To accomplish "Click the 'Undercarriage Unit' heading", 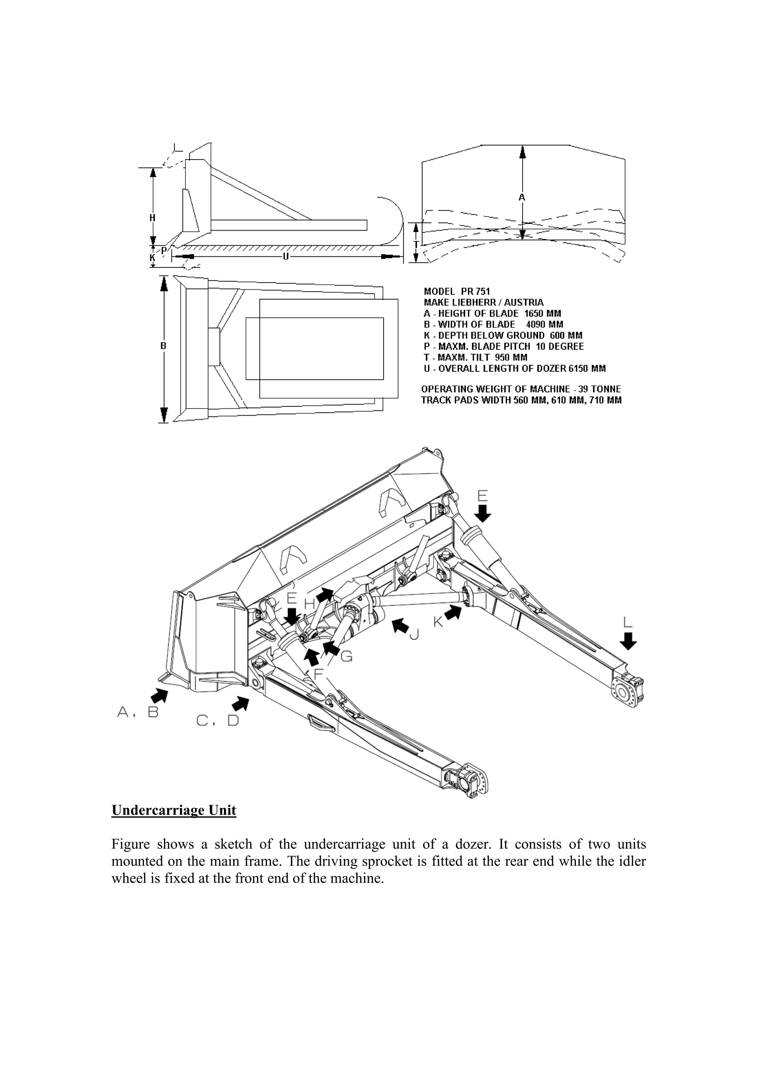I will coord(174,810).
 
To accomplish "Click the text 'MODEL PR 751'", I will coord(457,292).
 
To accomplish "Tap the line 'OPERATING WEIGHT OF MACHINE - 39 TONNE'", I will coord(521,389).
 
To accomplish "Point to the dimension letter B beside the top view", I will coord(163,346).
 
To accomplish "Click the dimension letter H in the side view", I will coord(152,218).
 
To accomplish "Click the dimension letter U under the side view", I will coord(285,257).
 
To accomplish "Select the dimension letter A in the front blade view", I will coord(522,198).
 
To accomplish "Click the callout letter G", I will coord(346,657).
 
